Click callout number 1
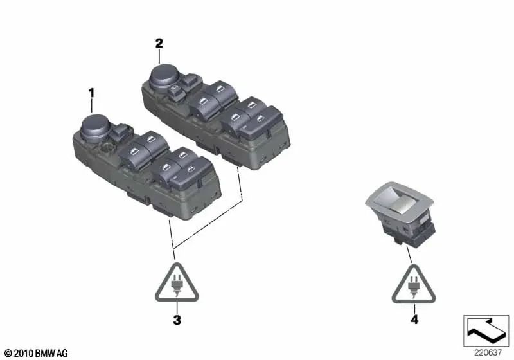pyautogui.click(x=91, y=93)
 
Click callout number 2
pyautogui.click(x=159, y=44)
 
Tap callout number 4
pyautogui.click(x=414, y=319)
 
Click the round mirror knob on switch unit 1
pyautogui.click(x=96, y=126)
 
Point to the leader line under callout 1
pyautogui.click(x=92, y=105)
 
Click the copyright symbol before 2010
pyautogui.click(x=7, y=353)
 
